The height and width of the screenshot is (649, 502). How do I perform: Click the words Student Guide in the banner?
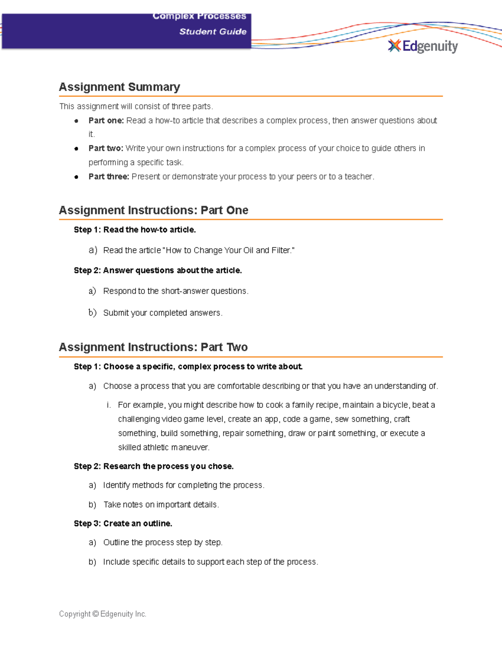pyautogui.click(x=213, y=32)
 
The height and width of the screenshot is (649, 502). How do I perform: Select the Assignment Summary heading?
pyautogui.click(x=119, y=87)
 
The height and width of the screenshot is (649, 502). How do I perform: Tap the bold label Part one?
pyautogui.click(x=106, y=121)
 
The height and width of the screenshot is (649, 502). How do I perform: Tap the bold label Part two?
pyautogui.click(x=106, y=148)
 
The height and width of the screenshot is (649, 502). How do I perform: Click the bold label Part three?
pyautogui.click(x=109, y=177)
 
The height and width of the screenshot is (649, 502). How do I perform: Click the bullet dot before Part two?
pyautogui.click(x=76, y=149)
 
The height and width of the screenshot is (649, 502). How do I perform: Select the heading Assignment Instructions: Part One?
pyautogui.click(x=154, y=210)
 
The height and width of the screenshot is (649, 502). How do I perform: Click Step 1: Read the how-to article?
pyautogui.click(x=135, y=230)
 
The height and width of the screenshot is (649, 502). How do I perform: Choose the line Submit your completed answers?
pyautogui.click(x=163, y=313)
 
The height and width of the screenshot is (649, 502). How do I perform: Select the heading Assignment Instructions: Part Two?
pyautogui.click(x=153, y=347)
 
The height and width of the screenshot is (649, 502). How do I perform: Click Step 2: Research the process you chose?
pyautogui.click(x=154, y=466)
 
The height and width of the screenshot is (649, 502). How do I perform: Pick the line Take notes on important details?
pyautogui.click(x=161, y=505)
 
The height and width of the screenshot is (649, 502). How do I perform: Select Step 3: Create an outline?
pyautogui.click(x=123, y=524)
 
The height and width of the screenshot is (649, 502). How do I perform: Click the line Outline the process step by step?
pyautogui.click(x=163, y=542)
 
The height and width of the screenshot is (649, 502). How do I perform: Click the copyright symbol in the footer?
pyautogui.click(x=95, y=614)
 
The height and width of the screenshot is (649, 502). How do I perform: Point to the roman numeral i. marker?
pyautogui.click(x=109, y=405)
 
